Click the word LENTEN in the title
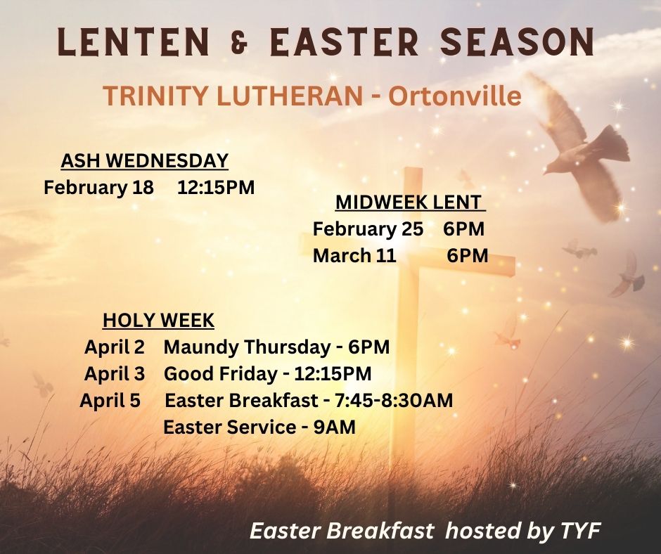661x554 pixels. (x=133, y=41)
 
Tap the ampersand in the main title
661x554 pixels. (x=240, y=43)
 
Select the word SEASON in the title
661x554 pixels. (x=518, y=41)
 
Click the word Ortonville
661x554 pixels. (x=454, y=96)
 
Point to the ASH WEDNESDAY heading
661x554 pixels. (x=145, y=160)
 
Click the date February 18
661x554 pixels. (x=98, y=187)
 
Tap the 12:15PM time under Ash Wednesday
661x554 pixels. (x=216, y=187)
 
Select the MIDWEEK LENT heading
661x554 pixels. (x=410, y=202)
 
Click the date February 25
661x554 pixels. (x=368, y=229)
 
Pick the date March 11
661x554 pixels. (x=354, y=255)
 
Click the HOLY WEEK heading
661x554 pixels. (x=158, y=321)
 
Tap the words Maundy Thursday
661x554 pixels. (x=247, y=347)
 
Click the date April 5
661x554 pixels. (x=110, y=401)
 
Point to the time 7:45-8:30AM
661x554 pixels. (x=394, y=401)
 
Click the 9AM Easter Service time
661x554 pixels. (x=335, y=427)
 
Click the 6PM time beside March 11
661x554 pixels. (x=468, y=255)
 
